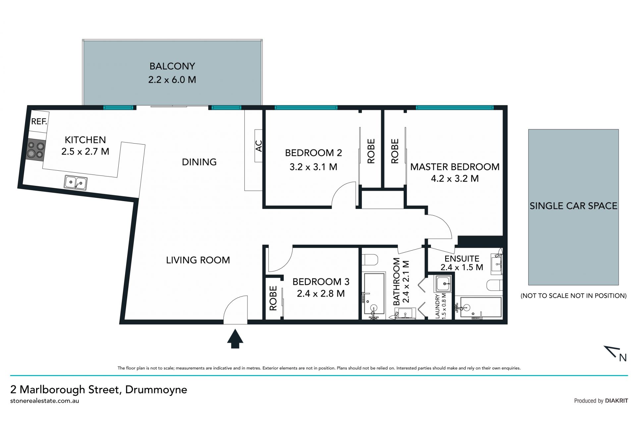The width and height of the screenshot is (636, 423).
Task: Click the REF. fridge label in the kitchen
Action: [39, 121]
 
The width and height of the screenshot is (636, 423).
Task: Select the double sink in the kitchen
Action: [76, 183]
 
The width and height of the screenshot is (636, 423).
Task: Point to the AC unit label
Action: [259, 146]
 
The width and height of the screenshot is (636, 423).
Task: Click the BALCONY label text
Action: [172, 66]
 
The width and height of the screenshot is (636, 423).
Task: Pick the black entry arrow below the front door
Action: [235, 338]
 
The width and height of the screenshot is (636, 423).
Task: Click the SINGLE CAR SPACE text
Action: [573, 206]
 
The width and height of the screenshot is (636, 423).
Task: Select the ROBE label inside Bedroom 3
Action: [273, 298]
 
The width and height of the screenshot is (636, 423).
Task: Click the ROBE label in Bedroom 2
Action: [371, 151]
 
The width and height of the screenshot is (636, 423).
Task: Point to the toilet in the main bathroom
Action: [369, 260]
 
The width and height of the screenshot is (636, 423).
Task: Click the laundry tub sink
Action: [443, 284]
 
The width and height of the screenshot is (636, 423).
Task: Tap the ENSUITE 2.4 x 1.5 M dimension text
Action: [462, 267]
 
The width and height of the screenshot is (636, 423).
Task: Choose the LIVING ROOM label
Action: [198, 260]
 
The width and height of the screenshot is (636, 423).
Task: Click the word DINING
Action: [199, 162]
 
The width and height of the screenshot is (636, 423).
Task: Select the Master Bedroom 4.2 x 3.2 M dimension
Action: [455, 179]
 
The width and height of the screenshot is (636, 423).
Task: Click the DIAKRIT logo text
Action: [616, 401]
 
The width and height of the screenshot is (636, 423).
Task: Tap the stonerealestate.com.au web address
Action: [45, 401]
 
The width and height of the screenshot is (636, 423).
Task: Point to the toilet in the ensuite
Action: [495, 284]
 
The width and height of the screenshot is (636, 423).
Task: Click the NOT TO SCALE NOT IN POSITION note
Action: [573, 296]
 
